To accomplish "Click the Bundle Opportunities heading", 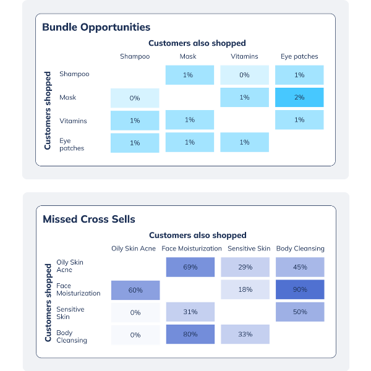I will click(96, 27).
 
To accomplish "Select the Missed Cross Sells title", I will click(88, 219).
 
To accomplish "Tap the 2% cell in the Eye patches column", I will click(299, 97).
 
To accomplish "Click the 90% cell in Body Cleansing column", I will click(300, 289).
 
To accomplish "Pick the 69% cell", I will click(190, 267).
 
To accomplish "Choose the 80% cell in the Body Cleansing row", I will click(190, 335).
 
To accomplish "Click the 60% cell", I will click(135, 289).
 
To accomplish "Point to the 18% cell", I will click(245, 289).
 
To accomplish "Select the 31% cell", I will click(190, 312).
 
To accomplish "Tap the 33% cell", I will click(245, 335).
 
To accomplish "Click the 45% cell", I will click(300, 267).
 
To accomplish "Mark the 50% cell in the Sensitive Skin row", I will click(300, 312).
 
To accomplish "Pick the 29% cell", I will click(245, 267).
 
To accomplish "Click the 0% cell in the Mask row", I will click(135, 98).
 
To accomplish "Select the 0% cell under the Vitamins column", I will click(244, 75).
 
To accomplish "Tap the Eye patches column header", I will click(299, 56).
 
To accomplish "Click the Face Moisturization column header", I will click(191, 249).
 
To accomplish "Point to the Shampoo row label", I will click(74, 74).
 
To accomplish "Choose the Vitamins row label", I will click(73, 121).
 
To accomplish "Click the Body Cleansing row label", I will click(71, 336).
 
